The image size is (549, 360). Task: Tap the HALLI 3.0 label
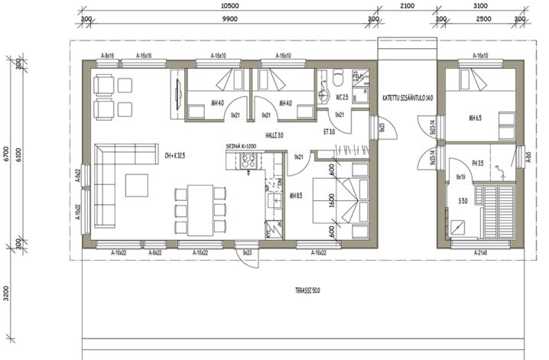point(274,135)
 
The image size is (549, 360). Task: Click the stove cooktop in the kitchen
point(249,160)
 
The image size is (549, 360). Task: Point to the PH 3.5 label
point(479,163)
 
